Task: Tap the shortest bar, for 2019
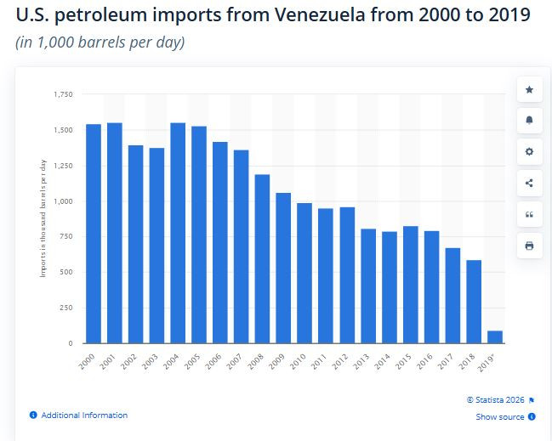click(x=495, y=337)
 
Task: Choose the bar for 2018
click(x=474, y=302)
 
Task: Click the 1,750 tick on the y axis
click(x=63, y=93)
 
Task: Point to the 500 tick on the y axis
click(x=66, y=272)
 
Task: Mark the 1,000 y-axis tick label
click(x=63, y=201)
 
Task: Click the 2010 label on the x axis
click(x=303, y=359)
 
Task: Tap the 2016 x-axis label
click(x=430, y=359)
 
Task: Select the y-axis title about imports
click(x=43, y=218)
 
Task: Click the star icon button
click(x=529, y=89)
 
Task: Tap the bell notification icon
click(x=529, y=120)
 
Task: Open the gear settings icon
click(x=529, y=151)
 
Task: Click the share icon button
click(x=529, y=183)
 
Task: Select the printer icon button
click(x=529, y=246)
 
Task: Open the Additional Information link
click(x=83, y=416)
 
